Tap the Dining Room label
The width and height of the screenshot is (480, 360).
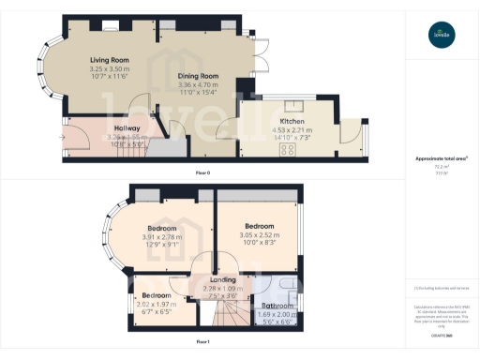point(198,76)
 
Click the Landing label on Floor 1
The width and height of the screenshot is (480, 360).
point(221,279)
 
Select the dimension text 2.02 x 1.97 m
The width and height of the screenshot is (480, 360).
point(157,304)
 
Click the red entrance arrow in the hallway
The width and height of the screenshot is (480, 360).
point(64,138)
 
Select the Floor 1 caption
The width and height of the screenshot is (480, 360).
point(202,342)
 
